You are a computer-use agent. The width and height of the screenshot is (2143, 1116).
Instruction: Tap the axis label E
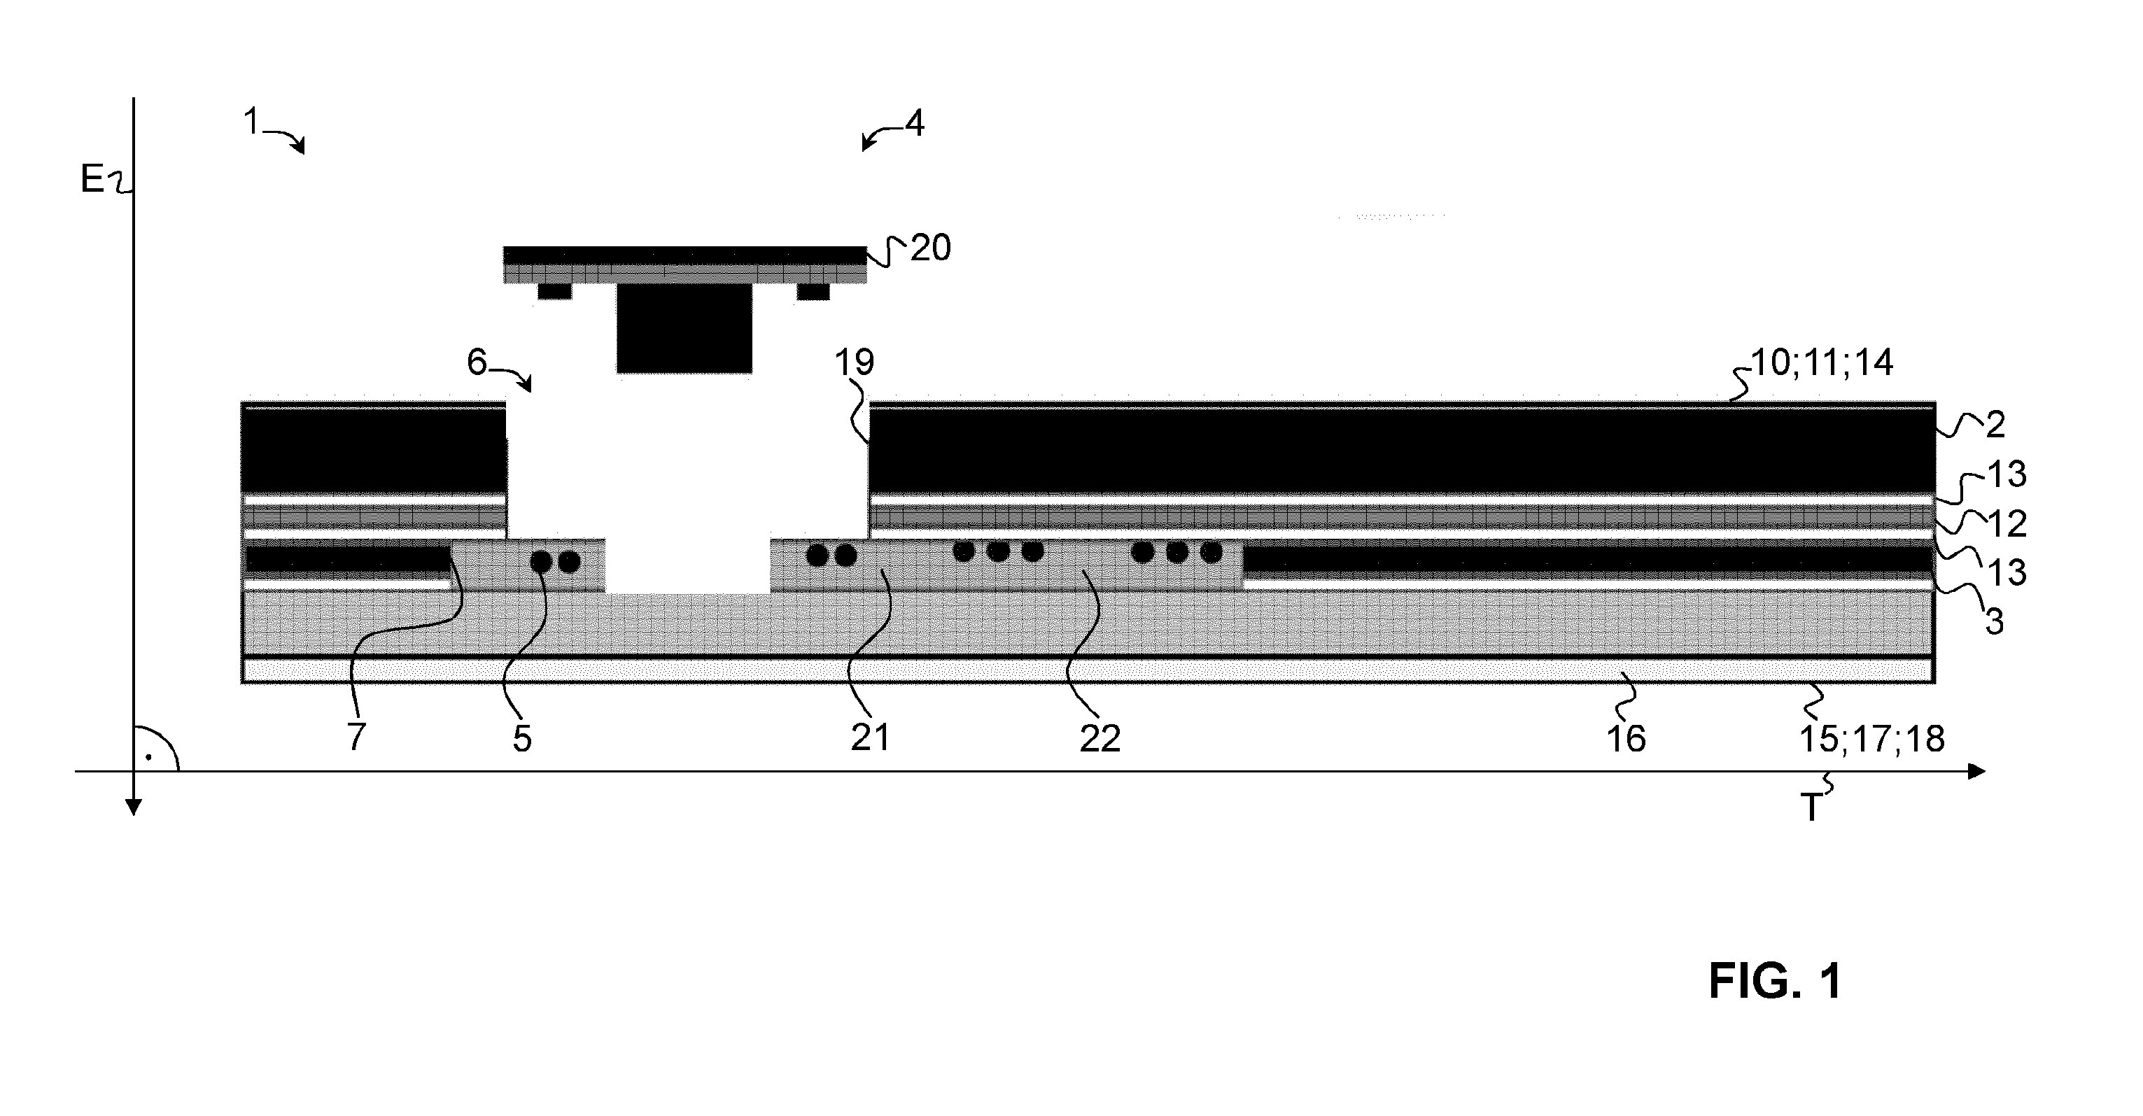tap(92, 179)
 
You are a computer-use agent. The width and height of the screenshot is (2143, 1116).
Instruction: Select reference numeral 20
tap(930, 248)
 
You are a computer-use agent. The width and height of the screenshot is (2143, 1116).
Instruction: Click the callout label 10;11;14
tap(1822, 363)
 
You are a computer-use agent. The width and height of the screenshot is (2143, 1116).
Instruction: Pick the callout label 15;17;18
tap(1871, 738)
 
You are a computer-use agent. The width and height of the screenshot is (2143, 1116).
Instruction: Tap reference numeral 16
tap(1626, 738)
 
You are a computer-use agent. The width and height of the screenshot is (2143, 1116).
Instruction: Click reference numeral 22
tap(1099, 738)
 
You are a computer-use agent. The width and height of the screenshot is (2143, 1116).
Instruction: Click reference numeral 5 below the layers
tap(521, 738)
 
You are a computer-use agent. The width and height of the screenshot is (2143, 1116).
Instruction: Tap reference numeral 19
tap(855, 362)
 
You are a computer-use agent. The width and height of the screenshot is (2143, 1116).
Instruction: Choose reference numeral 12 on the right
tap(2006, 524)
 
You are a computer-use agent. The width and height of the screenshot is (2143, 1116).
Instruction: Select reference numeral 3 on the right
tap(1995, 621)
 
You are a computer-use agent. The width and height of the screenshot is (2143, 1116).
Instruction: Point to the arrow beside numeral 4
tap(882, 136)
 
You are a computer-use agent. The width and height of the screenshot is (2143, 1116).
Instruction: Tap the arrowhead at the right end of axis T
tap(1976, 772)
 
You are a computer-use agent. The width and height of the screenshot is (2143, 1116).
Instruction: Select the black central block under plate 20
tap(684, 327)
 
